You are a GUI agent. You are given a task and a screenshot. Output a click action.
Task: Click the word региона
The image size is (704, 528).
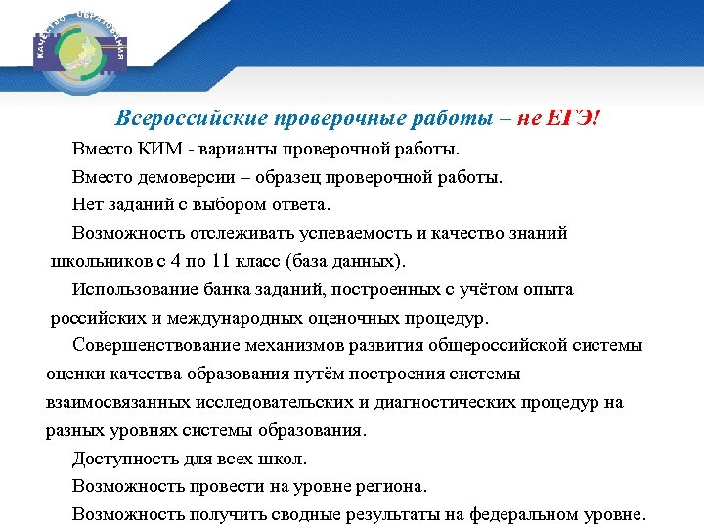395,486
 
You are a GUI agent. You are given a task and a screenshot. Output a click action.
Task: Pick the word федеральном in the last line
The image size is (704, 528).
526,514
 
